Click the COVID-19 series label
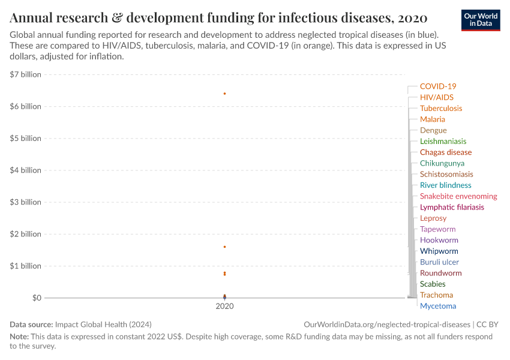click(x=437, y=86)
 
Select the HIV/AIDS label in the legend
click(x=436, y=97)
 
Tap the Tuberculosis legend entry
click(x=441, y=109)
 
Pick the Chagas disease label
click(x=446, y=152)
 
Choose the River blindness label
click(x=445, y=185)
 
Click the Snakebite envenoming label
click(x=458, y=196)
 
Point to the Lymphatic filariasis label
click(x=452, y=207)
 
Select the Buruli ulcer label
click(x=439, y=262)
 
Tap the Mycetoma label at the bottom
click(x=437, y=306)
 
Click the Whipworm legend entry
click(x=439, y=251)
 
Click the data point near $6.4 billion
click(x=224, y=94)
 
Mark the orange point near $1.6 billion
click(x=224, y=247)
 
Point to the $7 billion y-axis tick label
click(x=25, y=74)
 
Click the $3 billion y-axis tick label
click(x=25, y=202)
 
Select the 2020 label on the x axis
click(x=224, y=306)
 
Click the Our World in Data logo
click(x=480, y=20)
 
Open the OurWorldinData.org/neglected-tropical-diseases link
click(x=388, y=324)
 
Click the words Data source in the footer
click(x=31, y=324)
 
